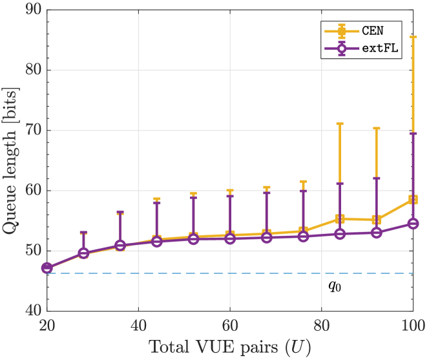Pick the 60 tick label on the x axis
(x=230, y=324)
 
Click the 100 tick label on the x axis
(x=412, y=324)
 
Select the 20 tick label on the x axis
(x=47, y=324)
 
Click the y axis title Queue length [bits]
(x=12, y=160)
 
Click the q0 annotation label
(x=334, y=285)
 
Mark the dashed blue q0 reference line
(x=194, y=273)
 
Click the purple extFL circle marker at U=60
(x=230, y=238)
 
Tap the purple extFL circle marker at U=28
(x=83, y=253)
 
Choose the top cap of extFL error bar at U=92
(x=376, y=178)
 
